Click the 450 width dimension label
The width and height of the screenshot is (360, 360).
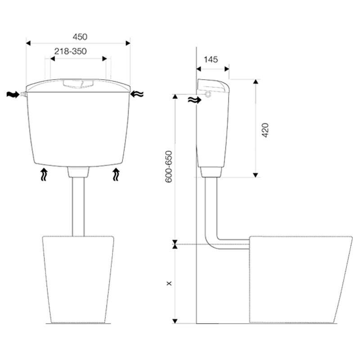point(80,37)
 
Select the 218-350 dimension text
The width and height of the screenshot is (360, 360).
point(71,51)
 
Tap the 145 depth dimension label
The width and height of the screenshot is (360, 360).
point(211,59)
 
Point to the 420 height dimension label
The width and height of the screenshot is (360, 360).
point(265,130)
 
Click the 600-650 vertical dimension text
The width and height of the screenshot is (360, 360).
point(169,166)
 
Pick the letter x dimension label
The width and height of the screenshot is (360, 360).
point(169,283)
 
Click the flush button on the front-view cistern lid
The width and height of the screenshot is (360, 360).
point(78,84)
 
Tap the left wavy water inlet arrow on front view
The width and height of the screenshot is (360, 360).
point(13,94)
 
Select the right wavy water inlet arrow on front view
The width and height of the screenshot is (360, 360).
point(137,94)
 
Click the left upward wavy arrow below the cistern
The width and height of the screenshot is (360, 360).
point(44,174)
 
